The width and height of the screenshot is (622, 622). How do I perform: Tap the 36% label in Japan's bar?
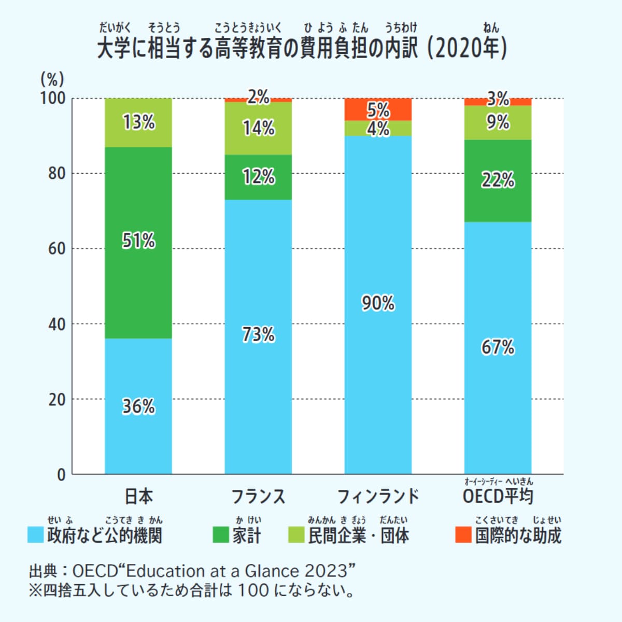pos(138,406)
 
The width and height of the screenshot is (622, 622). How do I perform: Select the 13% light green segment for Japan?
pos(138,122)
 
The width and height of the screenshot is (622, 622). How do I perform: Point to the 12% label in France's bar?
pos(258,177)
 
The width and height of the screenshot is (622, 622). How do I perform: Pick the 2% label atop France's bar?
pos(258,97)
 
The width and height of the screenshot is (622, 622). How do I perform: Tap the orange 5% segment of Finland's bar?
pos(378,109)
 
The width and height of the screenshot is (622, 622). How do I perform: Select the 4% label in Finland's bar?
pos(378,129)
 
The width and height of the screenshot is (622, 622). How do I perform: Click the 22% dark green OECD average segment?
pos(498,180)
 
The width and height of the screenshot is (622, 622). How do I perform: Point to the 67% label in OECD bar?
pos(498,347)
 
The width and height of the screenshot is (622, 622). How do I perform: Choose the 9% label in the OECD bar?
pos(498,122)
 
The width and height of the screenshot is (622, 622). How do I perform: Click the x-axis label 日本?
pos(138,496)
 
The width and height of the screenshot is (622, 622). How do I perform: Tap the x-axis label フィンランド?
pos(378,496)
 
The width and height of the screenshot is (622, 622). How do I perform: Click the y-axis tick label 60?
pos(56,248)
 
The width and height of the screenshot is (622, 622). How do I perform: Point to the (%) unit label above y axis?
pos(52,79)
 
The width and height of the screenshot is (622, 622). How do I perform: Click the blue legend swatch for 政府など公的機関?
pos(35,535)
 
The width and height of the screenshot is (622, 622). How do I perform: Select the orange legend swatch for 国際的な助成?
pos(463,535)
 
